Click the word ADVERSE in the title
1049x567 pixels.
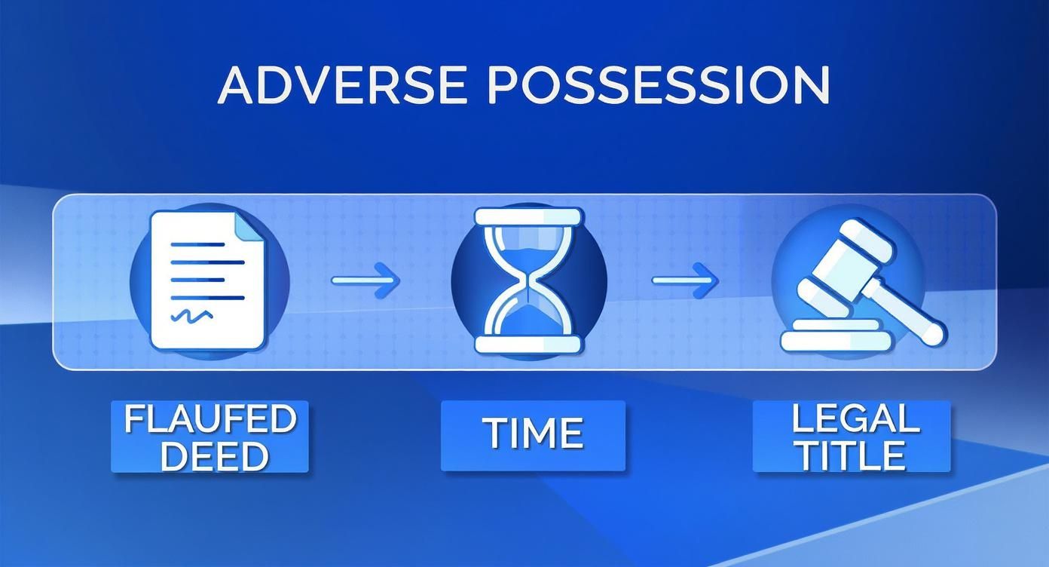coord(343,85)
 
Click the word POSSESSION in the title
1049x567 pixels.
coord(659,85)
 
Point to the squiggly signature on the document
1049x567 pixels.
coord(192,315)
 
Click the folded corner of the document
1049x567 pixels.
coord(249,227)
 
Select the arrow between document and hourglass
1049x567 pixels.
coord(365,280)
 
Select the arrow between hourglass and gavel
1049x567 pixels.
coord(686,280)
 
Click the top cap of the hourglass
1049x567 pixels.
coord(529,216)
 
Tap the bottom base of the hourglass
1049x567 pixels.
coord(529,345)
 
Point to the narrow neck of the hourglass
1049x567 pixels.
coord(529,283)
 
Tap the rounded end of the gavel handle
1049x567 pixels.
coord(934,333)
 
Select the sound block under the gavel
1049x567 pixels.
coord(835,336)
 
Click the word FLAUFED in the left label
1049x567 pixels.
coord(210,418)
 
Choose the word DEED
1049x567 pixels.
coord(215,455)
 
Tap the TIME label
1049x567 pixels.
coord(534,434)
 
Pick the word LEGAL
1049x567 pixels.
coord(855,418)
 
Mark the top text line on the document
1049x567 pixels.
coord(197,244)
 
